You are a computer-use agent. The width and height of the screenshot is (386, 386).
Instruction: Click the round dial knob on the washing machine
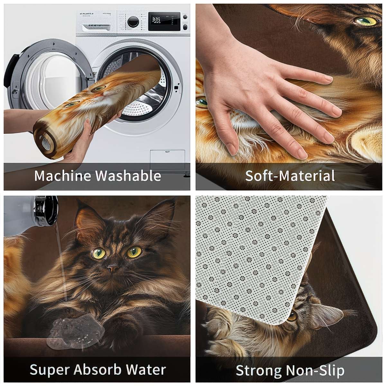click(133, 22)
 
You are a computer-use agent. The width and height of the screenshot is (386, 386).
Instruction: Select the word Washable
click(128, 176)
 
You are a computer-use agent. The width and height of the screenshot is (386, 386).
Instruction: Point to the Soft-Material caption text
click(290, 176)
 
